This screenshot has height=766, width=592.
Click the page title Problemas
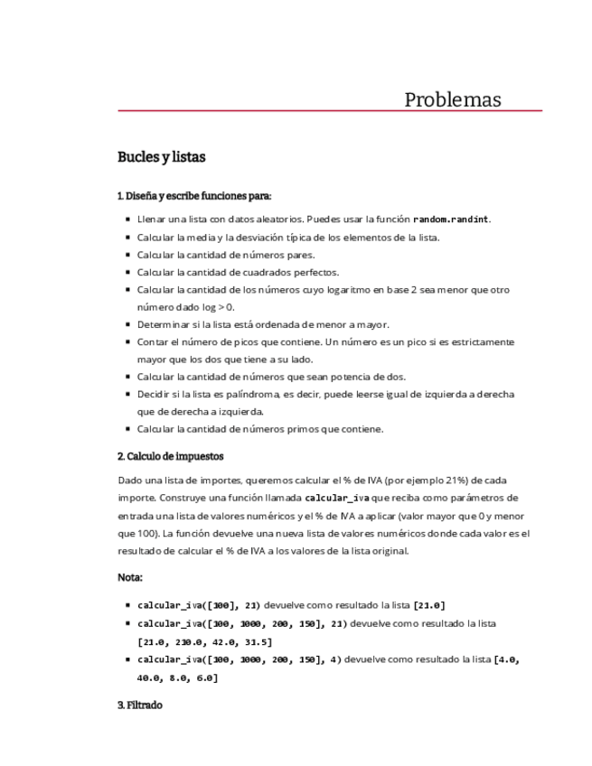click(452, 99)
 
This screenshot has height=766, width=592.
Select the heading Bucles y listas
click(161, 157)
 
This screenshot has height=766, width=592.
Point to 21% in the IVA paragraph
click(458, 481)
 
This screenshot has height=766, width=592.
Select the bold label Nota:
click(130, 576)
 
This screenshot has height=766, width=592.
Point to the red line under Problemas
click(330, 111)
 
